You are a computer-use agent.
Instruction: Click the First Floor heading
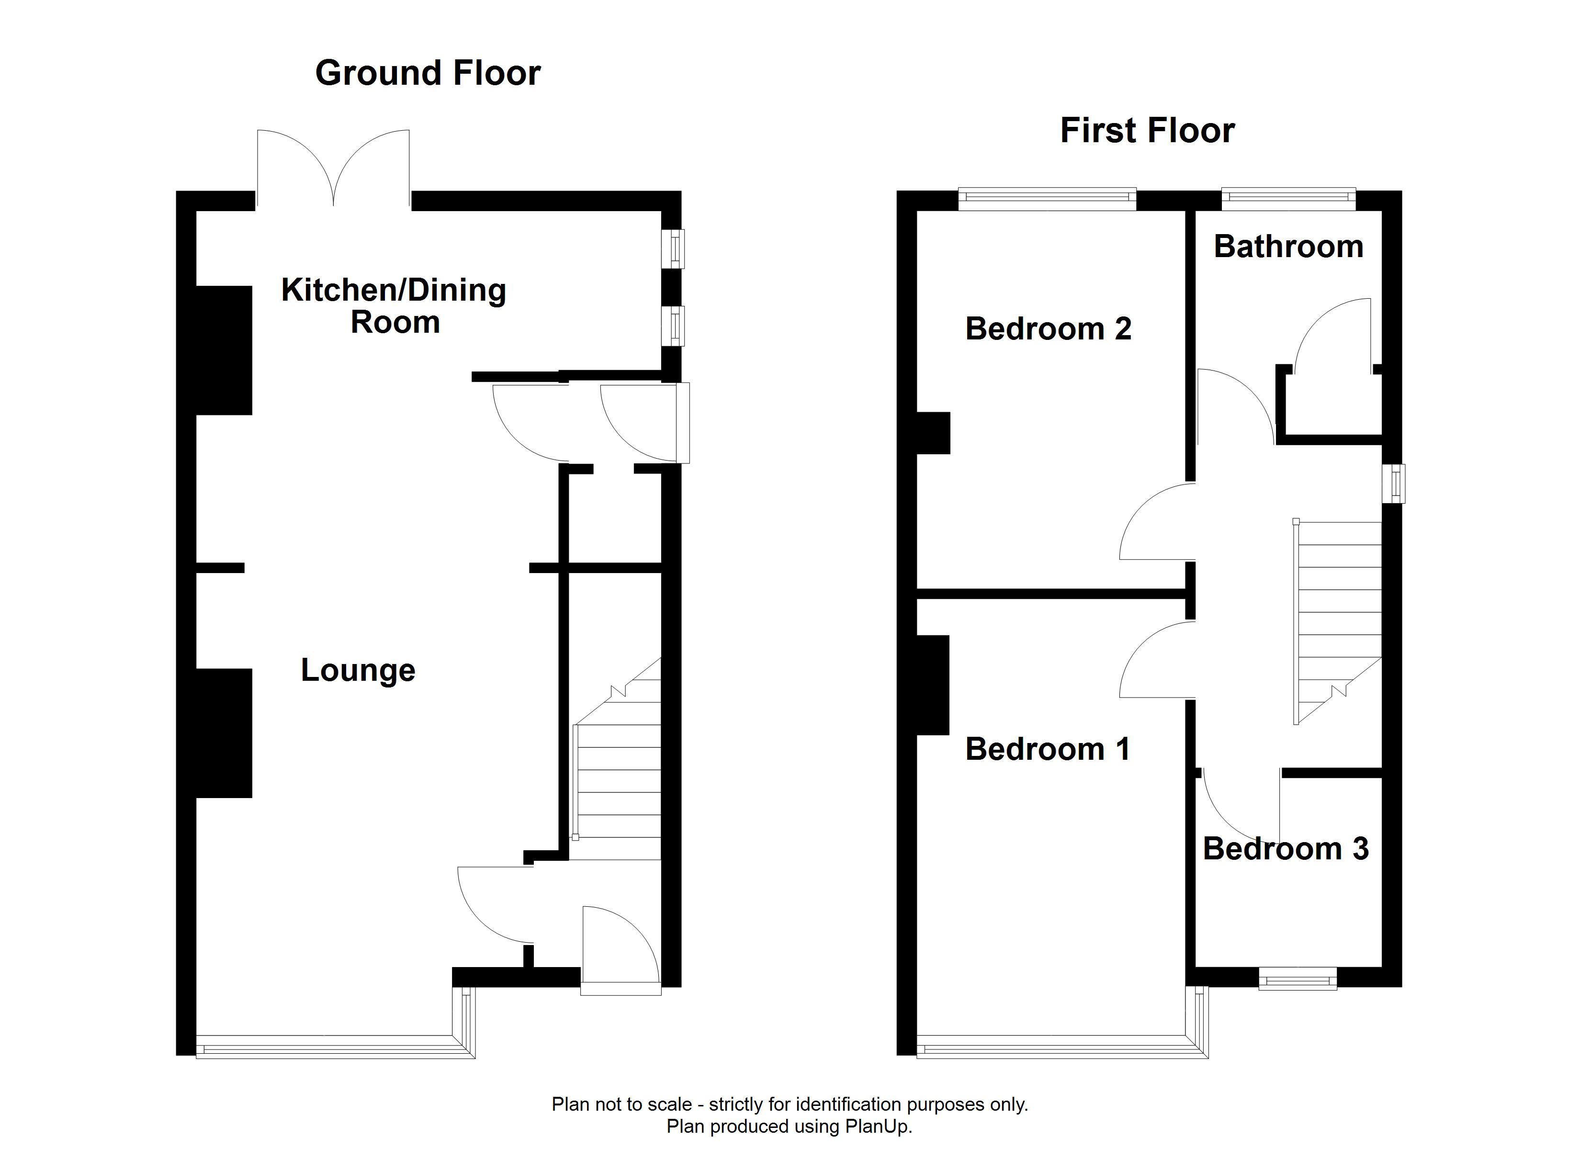[1147, 131]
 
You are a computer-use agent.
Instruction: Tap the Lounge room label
[358, 670]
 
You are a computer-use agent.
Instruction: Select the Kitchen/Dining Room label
[394, 306]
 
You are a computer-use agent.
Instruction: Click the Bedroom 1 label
[1048, 749]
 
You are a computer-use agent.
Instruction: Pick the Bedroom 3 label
[1286, 849]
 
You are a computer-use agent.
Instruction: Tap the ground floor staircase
[617, 759]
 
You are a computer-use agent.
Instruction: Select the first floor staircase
[1338, 622]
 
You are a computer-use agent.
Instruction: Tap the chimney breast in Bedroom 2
[934, 433]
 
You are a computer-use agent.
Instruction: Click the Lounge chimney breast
[224, 733]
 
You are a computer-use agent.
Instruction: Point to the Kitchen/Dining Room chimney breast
[224, 350]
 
